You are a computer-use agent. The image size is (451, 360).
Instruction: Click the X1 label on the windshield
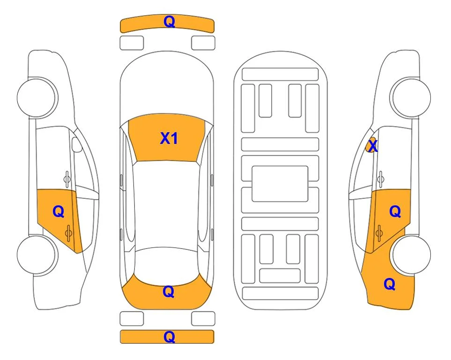169,138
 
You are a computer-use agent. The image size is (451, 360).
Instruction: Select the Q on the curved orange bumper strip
169,22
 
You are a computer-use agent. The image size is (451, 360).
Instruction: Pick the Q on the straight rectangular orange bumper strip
169,337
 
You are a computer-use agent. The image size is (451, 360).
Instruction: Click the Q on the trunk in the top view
169,292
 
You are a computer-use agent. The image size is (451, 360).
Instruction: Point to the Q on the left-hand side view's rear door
59,212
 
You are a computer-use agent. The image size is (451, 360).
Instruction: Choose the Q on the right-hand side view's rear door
395,212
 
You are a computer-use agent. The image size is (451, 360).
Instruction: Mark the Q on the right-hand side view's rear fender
390,284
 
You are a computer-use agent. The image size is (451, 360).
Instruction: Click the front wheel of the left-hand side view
37,97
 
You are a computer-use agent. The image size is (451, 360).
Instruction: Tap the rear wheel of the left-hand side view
37,255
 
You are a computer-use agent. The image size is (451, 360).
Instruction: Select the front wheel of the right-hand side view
411,97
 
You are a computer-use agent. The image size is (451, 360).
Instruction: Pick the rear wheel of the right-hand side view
411,255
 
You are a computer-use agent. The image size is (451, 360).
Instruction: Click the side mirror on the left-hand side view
77,144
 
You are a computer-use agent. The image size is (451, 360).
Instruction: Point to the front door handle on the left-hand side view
67,179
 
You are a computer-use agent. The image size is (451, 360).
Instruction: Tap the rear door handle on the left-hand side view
69,233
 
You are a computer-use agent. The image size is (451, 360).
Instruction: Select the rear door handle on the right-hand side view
379,233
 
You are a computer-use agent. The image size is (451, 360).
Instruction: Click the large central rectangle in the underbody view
280,184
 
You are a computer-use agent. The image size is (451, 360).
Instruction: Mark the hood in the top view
167,83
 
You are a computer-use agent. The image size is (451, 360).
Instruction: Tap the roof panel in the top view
167,205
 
